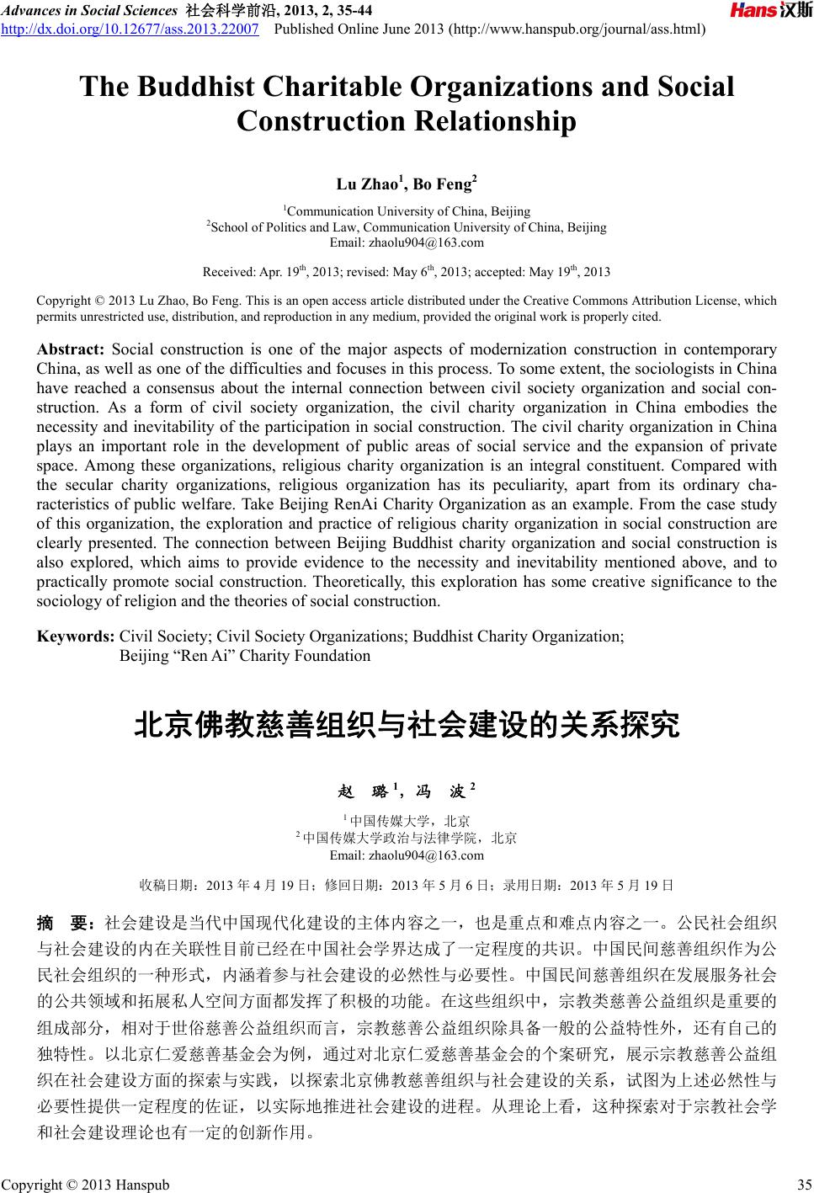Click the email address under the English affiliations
click(407, 243)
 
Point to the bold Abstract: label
click(71, 349)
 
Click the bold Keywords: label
click(77, 637)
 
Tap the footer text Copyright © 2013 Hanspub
click(84, 1185)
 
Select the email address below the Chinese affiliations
click(407, 855)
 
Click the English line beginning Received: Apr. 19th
click(407, 272)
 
